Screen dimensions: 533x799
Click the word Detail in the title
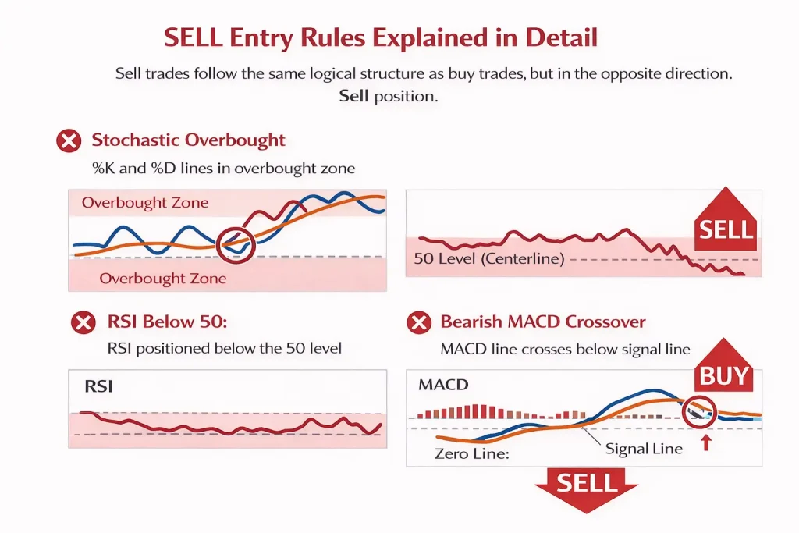tap(556, 38)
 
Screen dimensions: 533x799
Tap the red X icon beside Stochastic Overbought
tap(69, 141)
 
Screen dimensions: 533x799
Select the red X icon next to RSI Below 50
tap(83, 322)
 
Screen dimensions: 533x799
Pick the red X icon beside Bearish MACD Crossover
tap(420, 322)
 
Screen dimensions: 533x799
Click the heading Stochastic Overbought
tap(188, 140)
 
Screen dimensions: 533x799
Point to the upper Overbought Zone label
tap(145, 203)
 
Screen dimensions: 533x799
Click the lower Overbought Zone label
tap(163, 279)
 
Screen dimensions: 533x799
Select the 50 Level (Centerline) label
tap(488, 259)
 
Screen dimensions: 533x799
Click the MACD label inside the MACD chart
tap(443, 386)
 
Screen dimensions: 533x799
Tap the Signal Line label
tap(644, 448)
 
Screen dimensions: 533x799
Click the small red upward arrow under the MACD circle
tap(707, 443)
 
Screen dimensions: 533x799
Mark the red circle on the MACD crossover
tap(699, 414)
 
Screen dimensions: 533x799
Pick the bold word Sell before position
tap(354, 97)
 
